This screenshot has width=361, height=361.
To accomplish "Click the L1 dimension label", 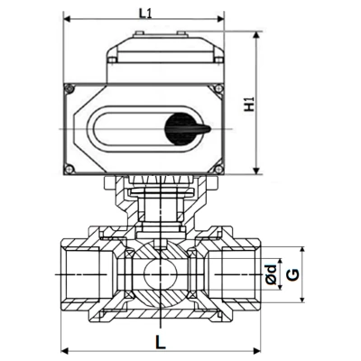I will coord(144,13).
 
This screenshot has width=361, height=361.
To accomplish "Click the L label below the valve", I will coord(159,342).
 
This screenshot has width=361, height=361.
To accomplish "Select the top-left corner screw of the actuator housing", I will coord(69,88).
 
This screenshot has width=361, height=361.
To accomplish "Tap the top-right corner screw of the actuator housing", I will coord(219,88).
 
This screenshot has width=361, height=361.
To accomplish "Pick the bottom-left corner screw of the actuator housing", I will coord(69,170).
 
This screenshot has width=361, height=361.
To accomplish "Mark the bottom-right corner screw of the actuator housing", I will coord(219,170).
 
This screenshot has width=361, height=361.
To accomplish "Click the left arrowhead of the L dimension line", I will coord(63,350).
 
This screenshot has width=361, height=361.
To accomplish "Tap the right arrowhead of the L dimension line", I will coord(255,350).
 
